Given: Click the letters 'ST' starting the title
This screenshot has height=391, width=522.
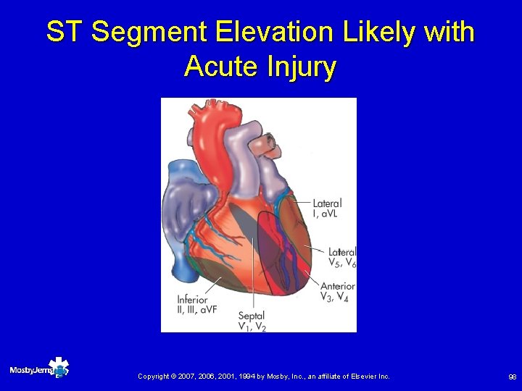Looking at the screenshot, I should (x=65, y=32).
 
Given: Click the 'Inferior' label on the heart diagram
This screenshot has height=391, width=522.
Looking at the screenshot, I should (x=192, y=300).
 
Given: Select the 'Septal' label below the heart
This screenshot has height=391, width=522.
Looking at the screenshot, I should (x=251, y=316).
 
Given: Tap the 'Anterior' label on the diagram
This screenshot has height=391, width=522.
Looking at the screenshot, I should (x=337, y=287).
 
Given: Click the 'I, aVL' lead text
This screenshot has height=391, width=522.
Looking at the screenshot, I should (x=326, y=214).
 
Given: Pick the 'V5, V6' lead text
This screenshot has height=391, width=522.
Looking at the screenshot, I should (x=341, y=262).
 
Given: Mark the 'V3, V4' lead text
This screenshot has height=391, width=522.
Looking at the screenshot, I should (x=335, y=297).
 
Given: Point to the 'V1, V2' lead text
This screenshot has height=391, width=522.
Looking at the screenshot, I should (x=252, y=327).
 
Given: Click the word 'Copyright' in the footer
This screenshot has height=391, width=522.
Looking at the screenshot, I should (x=154, y=377).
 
